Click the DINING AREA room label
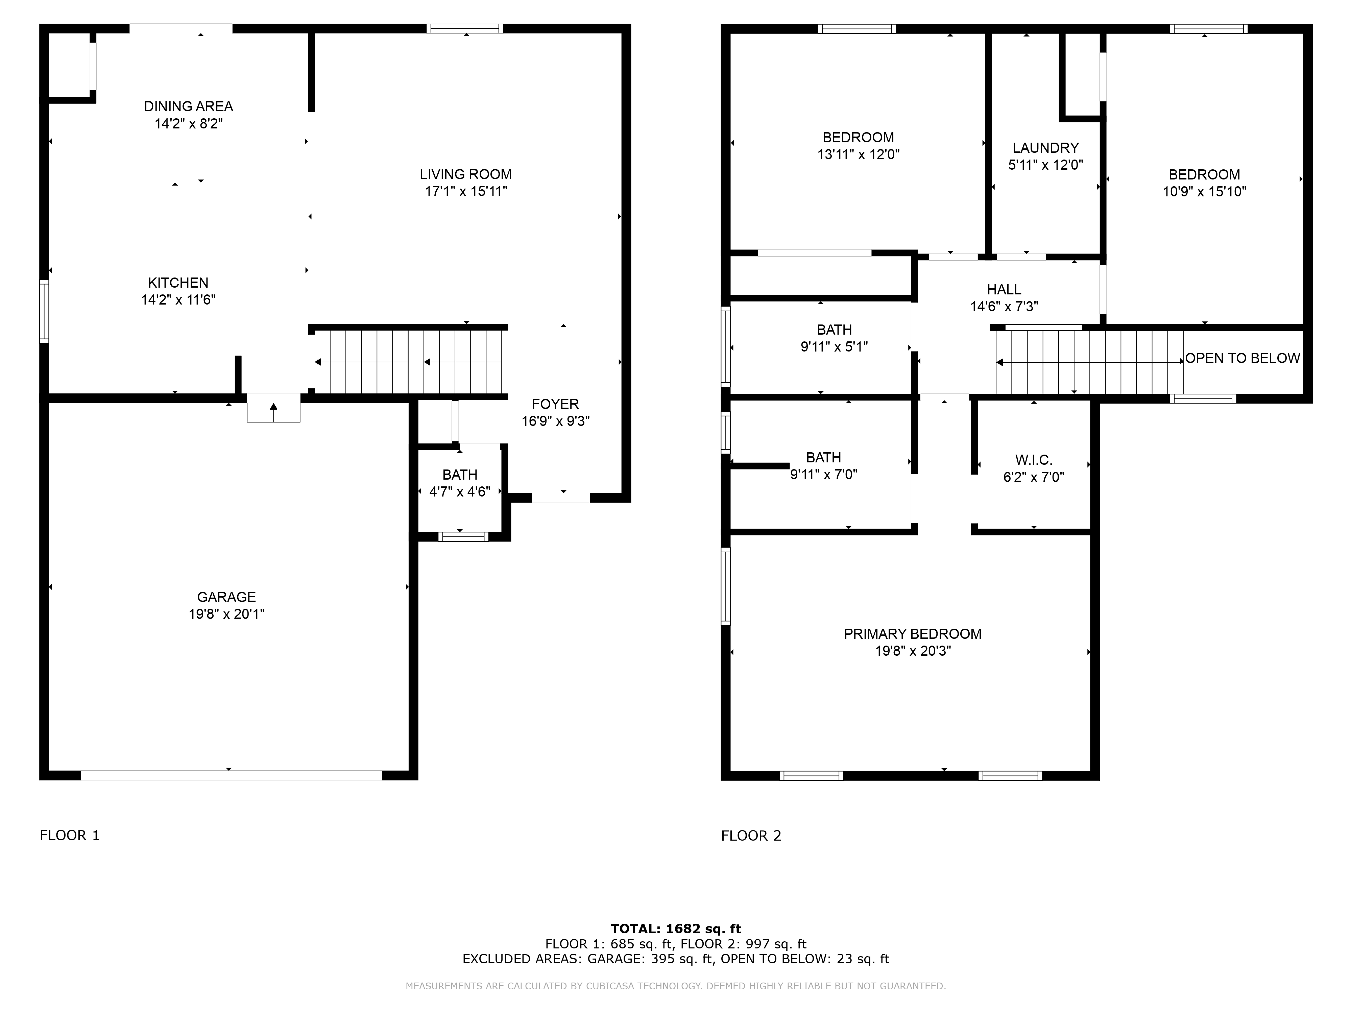[x=188, y=106]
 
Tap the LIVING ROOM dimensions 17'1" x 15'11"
[x=466, y=191]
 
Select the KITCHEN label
[x=178, y=283]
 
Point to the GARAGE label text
[x=226, y=597]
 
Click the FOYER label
[x=555, y=404]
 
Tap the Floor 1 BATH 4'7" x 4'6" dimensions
[x=460, y=492]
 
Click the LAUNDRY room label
[x=1046, y=148]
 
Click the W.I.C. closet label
[x=1034, y=460]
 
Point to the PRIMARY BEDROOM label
[x=913, y=634]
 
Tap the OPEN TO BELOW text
[x=1242, y=358]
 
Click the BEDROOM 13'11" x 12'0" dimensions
[x=858, y=155]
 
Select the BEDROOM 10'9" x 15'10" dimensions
[x=1204, y=191]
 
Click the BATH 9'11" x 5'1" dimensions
[x=834, y=346]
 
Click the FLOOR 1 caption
[x=70, y=836]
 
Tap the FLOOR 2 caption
[x=751, y=836]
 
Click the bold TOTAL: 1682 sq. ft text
[x=676, y=929]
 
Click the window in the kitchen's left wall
[x=44, y=311]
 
